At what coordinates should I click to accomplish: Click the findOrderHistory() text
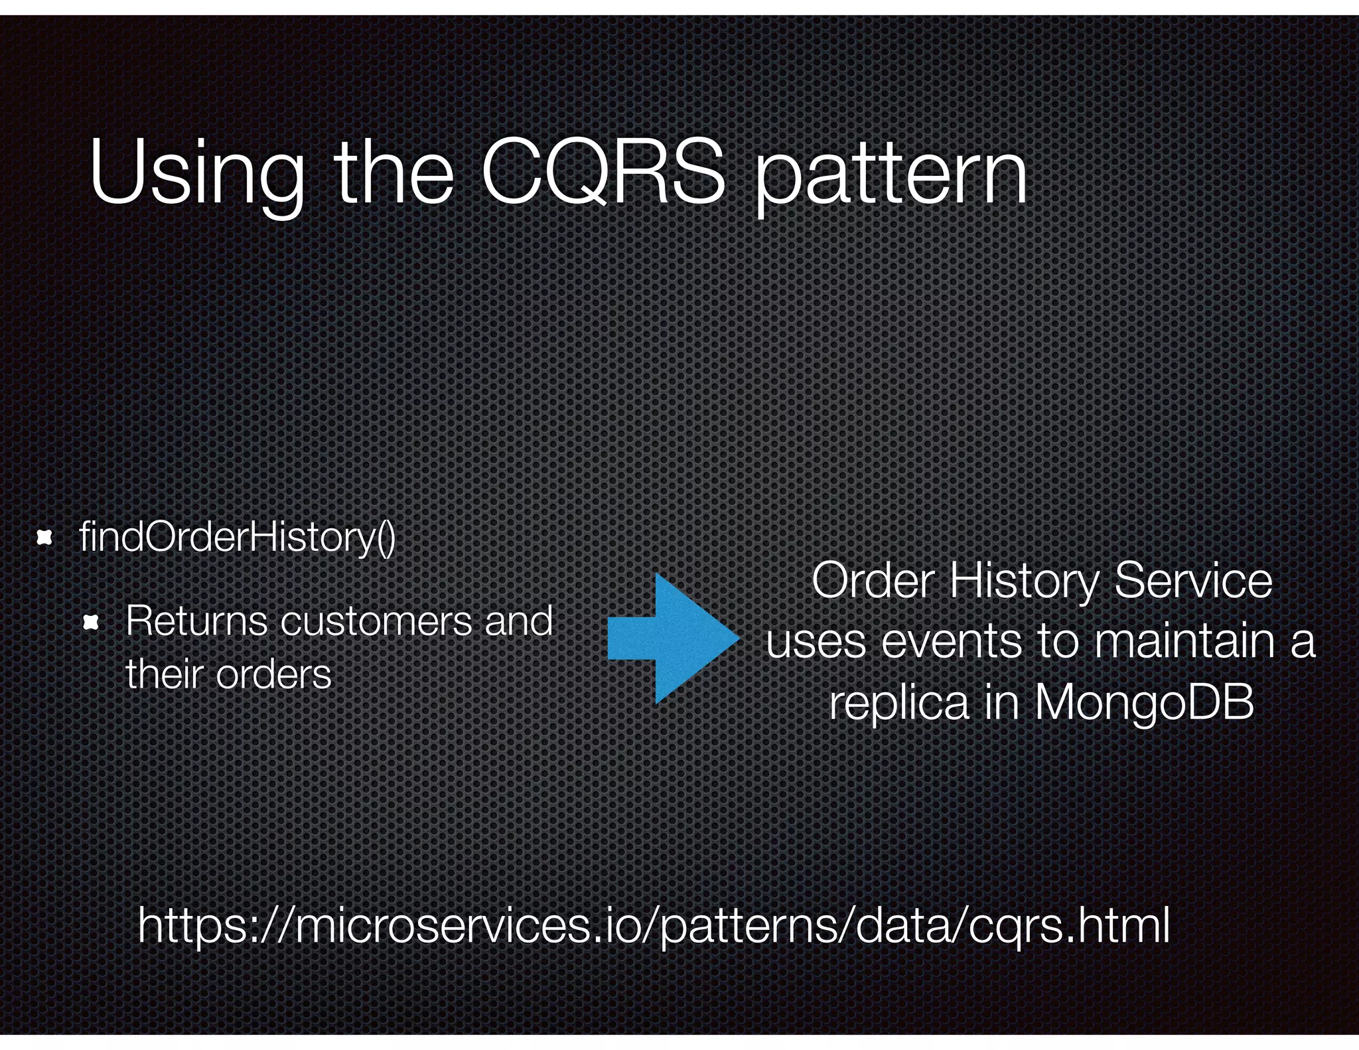click(x=237, y=537)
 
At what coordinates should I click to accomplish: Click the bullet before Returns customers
click(x=91, y=623)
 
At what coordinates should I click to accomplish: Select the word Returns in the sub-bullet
click(x=196, y=621)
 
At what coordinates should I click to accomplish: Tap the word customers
click(x=376, y=623)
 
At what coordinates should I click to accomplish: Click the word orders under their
click(x=273, y=676)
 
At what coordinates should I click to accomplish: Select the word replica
click(x=899, y=704)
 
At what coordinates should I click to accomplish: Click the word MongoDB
click(x=1143, y=704)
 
